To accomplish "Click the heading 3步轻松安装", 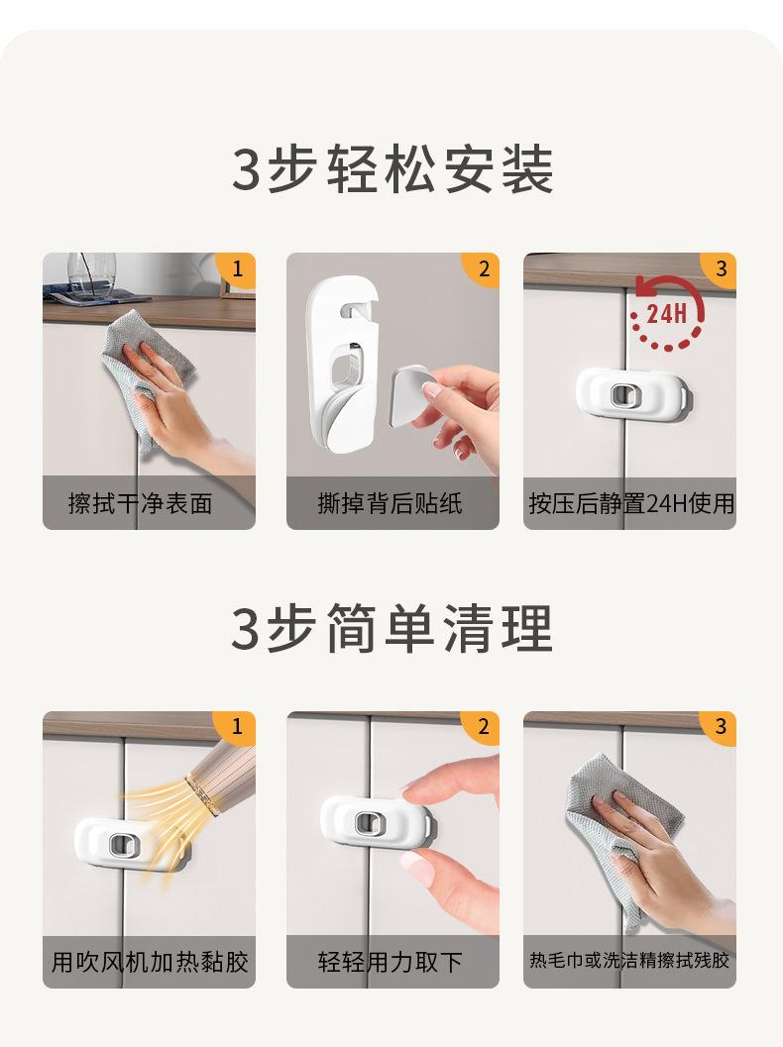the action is pyautogui.click(x=392, y=169).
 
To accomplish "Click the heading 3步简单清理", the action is pyautogui.click(x=392, y=628).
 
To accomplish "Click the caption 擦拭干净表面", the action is pyautogui.click(x=141, y=503).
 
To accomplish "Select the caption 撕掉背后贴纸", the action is pyautogui.click(x=390, y=503).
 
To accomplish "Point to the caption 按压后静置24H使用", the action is pyautogui.click(x=631, y=503).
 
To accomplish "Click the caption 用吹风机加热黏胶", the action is pyautogui.click(x=150, y=962).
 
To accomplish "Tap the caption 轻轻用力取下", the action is pyautogui.click(x=390, y=962).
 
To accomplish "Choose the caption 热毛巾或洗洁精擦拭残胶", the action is pyautogui.click(x=629, y=960).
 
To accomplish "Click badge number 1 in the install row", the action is pyautogui.click(x=237, y=269).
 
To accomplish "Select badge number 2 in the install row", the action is pyautogui.click(x=483, y=269).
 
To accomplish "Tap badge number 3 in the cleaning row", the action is pyautogui.click(x=720, y=726).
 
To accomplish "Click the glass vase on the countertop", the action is pyautogui.click(x=91, y=274).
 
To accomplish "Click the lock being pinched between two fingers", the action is pyautogui.click(x=378, y=822).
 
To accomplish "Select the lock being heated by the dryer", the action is pyautogui.click(x=127, y=844).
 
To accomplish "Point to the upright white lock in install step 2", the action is pyautogui.click(x=342, y=365).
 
